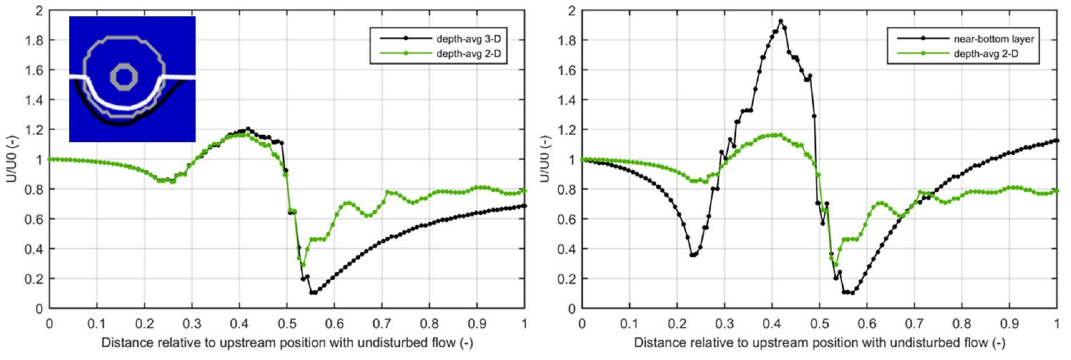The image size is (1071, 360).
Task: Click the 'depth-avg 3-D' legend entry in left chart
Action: (468, 39)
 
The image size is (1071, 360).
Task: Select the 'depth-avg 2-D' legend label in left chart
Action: (468, 54)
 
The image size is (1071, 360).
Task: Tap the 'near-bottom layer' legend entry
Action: (993, 39)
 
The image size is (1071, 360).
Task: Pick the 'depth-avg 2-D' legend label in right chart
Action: (986, 54)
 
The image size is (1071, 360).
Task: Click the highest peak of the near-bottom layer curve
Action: (780, 21)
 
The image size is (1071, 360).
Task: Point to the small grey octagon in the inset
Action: (123, 77)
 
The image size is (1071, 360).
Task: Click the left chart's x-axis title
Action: (287, 343)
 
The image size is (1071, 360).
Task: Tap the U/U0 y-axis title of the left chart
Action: (12, 159)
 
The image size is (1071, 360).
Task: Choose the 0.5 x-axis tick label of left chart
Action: (287, 324)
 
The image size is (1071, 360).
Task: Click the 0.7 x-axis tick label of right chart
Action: (914, 324)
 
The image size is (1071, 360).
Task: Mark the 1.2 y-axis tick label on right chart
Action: (567, 130)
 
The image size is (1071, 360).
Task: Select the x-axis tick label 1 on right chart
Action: (1057, 324)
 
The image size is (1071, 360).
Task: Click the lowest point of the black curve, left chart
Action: (313, 293)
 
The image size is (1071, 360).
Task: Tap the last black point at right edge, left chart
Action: (524, 206)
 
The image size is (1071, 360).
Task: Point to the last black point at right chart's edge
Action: (1057, 141)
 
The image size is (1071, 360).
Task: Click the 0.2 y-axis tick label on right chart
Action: (567, 279)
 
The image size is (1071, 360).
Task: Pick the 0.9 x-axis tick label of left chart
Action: (477, 324)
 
